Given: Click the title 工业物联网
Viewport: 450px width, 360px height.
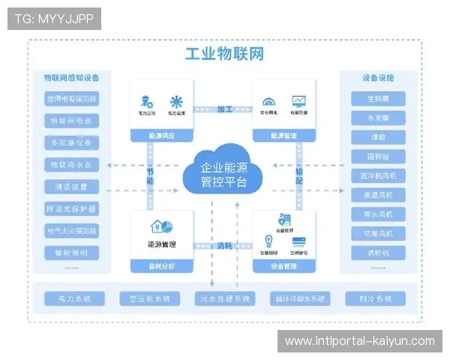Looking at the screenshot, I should point(224,55).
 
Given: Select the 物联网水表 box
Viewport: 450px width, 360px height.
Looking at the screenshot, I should point(73,164).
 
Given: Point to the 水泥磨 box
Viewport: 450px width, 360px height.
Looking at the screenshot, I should point(378,118).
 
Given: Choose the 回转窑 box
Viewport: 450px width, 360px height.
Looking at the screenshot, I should point(378,157).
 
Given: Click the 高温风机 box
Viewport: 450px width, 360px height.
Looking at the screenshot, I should point(378,195).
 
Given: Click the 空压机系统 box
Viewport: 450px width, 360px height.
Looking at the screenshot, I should point(148,298).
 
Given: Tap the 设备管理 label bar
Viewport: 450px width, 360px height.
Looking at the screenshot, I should point(283,266).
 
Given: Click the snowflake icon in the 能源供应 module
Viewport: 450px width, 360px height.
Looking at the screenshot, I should point(175,101).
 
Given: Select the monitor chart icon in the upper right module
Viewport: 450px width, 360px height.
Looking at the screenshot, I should point(299,100).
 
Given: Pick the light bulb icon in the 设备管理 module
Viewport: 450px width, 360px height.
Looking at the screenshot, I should point(266,241).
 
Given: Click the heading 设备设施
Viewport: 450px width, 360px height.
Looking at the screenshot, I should point(378,77).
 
